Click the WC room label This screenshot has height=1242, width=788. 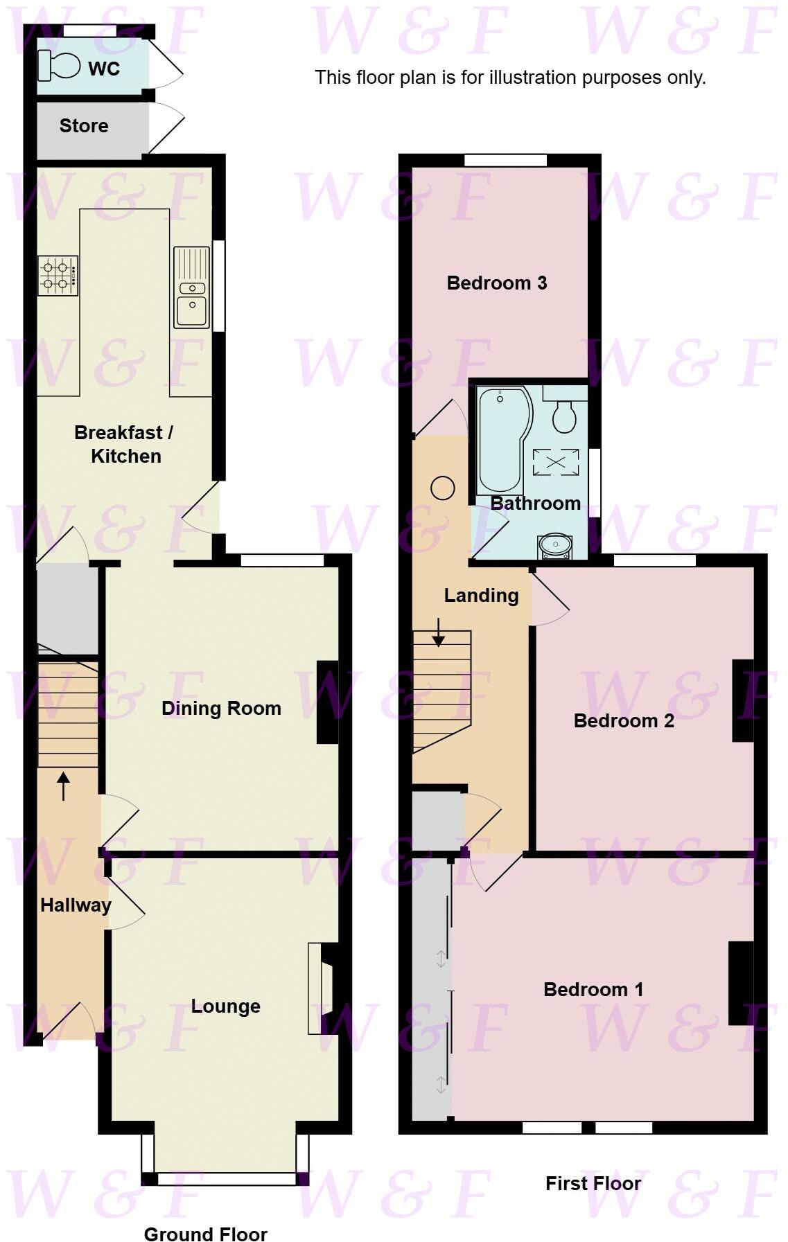104,69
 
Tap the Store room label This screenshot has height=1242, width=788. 84,125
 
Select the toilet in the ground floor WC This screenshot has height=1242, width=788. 60,66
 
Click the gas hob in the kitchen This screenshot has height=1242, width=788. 58,275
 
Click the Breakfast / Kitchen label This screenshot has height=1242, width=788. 125,444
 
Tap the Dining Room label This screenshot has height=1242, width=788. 221,708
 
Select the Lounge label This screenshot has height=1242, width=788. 225,1006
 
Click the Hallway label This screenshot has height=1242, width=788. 76,905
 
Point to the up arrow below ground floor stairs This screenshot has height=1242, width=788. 64,786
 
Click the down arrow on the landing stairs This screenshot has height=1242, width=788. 438,632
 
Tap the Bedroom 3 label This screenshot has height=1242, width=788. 496,283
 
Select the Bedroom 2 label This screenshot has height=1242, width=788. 624,720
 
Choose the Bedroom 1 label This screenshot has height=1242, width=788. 593,989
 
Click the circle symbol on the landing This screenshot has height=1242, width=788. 442,488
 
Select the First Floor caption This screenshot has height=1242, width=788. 593,1183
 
